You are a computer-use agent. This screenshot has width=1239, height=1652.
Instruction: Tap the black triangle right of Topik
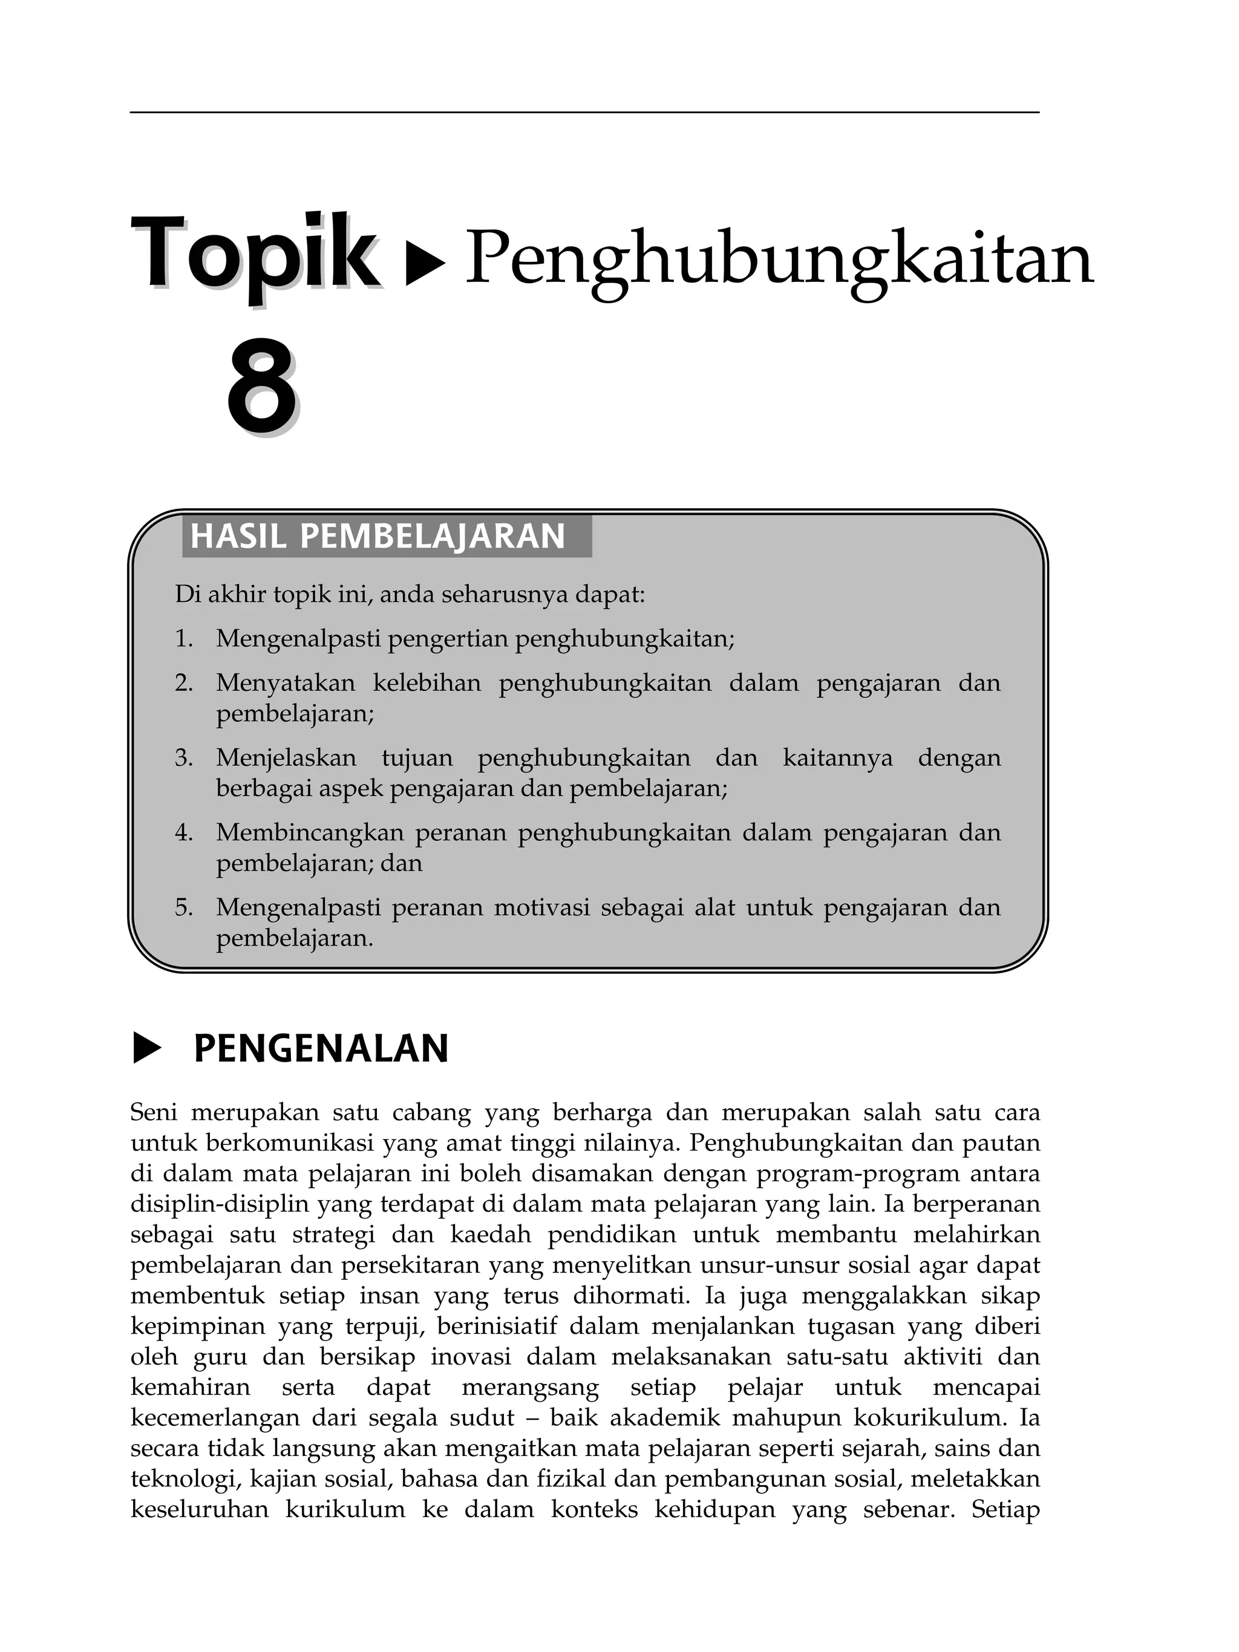(x=424, y=264)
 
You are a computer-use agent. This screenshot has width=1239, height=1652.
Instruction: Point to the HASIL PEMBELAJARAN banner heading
(x=378, y=536)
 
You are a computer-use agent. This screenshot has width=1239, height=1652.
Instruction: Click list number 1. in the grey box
(x=184, y=639)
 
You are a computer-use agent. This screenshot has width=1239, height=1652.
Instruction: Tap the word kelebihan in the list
(x=427, y=684)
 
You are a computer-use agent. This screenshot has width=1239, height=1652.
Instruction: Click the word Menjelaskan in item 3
(x=286, y=758)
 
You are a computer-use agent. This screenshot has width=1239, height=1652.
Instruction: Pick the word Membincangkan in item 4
(x=309, y=833)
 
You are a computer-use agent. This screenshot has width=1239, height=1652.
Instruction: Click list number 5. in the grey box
(x=184, y=908)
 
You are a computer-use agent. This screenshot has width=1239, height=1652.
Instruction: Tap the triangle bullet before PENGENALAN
(x=146, y=1048)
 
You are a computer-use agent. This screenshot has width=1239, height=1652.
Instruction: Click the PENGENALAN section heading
(x=321, y=1048)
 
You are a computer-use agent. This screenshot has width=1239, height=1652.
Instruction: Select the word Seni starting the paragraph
(x=153, y=1113)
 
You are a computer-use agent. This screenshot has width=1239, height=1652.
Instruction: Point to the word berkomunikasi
(x=289, y=1143)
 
